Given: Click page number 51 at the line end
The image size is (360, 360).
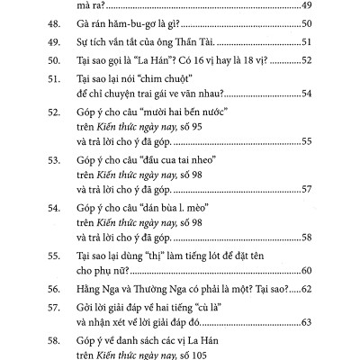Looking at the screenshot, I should (x=306, y=45).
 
